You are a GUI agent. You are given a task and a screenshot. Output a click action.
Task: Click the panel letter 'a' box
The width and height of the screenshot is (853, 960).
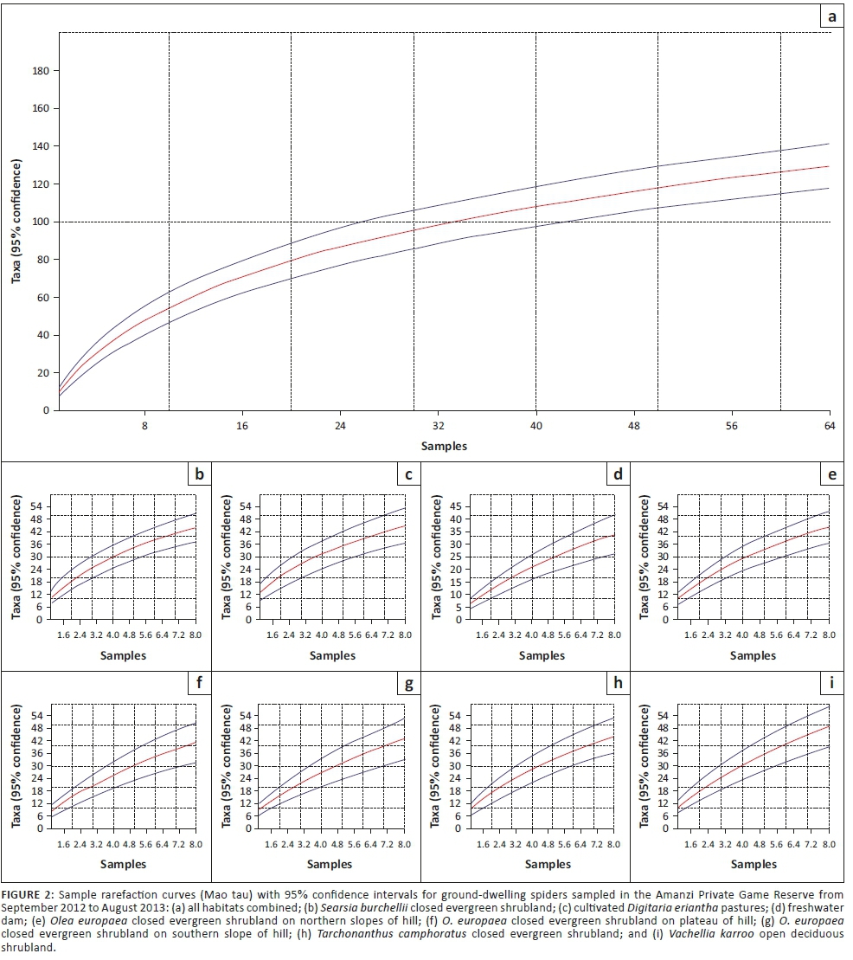832,16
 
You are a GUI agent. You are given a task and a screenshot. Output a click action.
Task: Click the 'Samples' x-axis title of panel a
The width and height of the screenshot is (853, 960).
445,446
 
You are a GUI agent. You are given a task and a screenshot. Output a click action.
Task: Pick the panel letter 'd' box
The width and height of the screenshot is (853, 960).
617,474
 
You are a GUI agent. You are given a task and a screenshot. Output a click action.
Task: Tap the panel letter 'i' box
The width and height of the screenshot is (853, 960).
832,684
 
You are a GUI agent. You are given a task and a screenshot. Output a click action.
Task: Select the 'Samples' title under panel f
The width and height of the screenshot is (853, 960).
123,864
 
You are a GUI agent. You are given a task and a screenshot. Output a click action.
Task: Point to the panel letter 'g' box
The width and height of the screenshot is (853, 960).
407,684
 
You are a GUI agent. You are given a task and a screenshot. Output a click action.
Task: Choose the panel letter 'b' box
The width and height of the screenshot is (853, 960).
199,474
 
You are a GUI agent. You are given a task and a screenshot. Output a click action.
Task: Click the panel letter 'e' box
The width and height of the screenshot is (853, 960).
832,474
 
